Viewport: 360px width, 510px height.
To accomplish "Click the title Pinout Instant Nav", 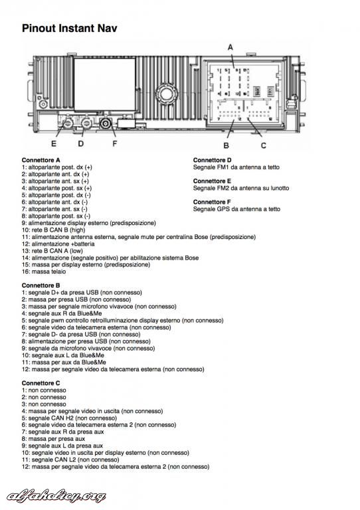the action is (x=69, y=29).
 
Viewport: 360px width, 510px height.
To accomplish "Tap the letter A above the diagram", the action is (x=230, y=48).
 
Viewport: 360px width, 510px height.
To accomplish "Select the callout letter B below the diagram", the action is (x=226, y=145).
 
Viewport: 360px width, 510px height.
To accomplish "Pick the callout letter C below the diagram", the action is (x=264, y=145).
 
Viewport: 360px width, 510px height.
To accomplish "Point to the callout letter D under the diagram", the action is (x=80, y=143).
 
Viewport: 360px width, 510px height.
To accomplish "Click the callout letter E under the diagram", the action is (x=54, y=143).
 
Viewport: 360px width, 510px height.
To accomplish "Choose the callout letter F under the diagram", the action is (x=114, y=143).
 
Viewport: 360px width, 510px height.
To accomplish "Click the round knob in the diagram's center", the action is (x=165, y=93).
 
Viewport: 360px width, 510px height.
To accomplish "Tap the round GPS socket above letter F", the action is (x=106, y=124).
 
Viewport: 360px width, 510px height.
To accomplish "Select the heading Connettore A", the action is (x=41, y=160).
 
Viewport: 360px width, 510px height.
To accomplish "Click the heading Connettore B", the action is (x=41, y=286).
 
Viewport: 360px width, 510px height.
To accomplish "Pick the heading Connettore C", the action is (x=41, y=383).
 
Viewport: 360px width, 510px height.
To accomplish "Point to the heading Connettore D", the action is (x=212, y=160).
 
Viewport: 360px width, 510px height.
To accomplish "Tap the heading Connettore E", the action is (x=212, y=181).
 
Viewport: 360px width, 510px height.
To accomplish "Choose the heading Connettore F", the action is (x=212, y=202).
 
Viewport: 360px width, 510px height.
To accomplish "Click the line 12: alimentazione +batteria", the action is (x=58, y=244).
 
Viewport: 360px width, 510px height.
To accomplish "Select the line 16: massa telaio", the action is (x=44, y=271).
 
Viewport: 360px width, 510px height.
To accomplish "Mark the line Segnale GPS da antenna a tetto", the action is (x=236, y=209).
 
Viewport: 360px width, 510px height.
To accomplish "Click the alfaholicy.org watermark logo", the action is (x=56, y=496).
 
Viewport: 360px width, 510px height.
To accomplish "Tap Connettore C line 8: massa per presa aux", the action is (x=53, y=439).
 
